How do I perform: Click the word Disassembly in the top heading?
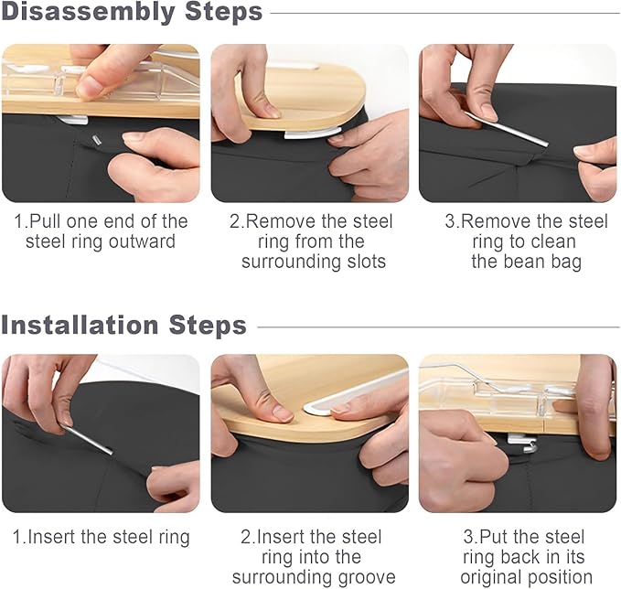point(89,13)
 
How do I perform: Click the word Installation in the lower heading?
point(80,326)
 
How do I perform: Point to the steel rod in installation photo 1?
point(88,439)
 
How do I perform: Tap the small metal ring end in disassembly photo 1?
point(96,141)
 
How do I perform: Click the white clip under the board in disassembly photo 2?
point(312,134)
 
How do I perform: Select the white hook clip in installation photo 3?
point(523,443)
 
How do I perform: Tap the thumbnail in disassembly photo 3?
point(488,112)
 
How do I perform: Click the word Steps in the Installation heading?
point(208,326)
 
